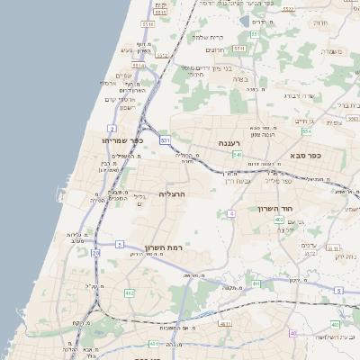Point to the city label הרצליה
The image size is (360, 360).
[x=171, y=193]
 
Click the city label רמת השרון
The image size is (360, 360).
[x=164, y=247]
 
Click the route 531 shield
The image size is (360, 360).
[x=165, y=141]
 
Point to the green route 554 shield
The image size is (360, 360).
[x=306, y=131]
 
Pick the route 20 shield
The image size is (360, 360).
[x=96, y=253]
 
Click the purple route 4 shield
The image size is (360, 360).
[x=231, y=213]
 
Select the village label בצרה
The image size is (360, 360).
[x=240, y=79]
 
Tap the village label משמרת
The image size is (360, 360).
[x=332, y=51]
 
